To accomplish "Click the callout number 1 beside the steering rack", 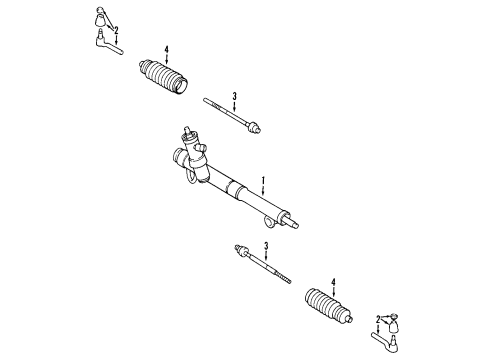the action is [x=263, y=181].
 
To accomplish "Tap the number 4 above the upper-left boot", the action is [x=167, y=50].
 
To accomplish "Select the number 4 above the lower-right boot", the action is [x=333, y=282].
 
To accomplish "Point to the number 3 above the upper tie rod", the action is [x=234, y=97].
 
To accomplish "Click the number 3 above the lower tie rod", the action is [x=266, y=246].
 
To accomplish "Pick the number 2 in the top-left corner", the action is [x=116, y=31].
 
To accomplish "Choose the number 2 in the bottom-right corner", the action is [x=378, y=320].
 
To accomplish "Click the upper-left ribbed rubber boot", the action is [x=163, y=77].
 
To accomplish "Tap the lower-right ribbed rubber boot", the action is [x=328, y=306].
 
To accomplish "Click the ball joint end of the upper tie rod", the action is [x=253, y=127].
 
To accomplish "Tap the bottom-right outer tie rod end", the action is [x=385, y=341].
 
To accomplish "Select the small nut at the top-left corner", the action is [x=100, y=9].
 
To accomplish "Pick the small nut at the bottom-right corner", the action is [x=394, y=316].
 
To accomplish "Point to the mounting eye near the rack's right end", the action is [x=269, y=222].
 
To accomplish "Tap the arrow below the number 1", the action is [x=263, y=190].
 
